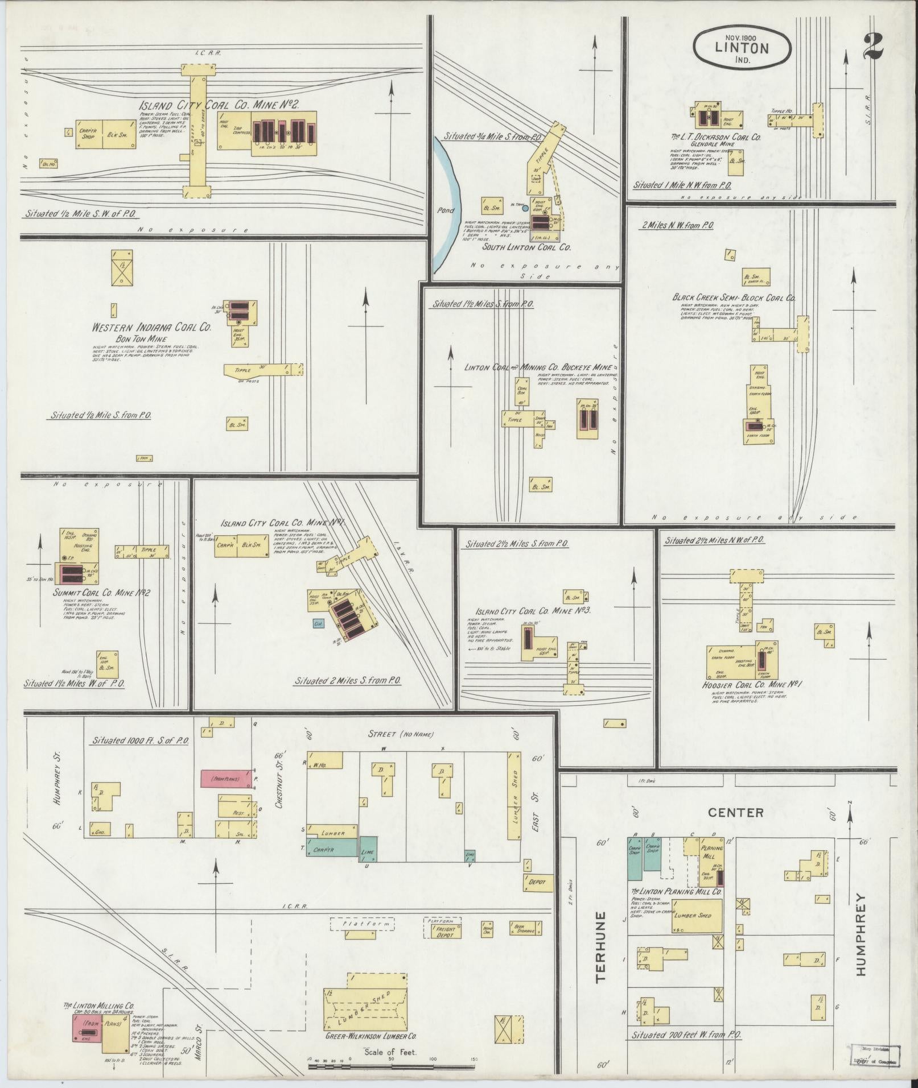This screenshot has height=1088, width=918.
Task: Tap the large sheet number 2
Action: coord(873,47)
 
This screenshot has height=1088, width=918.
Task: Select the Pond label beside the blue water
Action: coord(446,210)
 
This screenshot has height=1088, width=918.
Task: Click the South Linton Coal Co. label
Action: coord(526,247)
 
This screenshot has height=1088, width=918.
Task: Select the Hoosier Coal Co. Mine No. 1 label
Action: coord(752,685)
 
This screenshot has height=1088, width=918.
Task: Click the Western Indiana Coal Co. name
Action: coord(152,328)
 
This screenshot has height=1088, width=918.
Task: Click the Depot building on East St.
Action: coord(537,882)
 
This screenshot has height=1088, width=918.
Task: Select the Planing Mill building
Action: coord(711,855)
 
